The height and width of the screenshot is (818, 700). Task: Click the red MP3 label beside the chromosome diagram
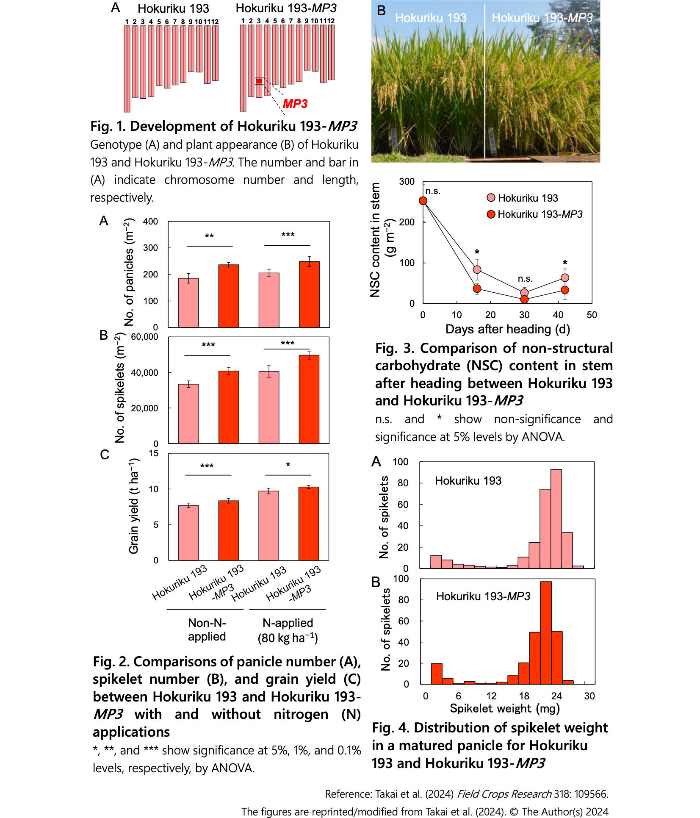(x=295, y=104)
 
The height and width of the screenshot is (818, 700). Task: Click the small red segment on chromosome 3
(x=259, y=81)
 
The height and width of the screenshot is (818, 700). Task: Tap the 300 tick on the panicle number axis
(x=150, y=248)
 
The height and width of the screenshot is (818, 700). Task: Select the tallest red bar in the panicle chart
(x=309, y=294)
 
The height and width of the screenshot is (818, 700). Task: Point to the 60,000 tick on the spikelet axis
(x=144, y=337)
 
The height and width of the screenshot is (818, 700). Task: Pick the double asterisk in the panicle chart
(x=209, y=236)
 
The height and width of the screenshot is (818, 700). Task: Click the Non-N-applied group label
(x=207, y=629)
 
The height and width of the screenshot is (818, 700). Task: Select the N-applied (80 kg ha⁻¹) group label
(x=288, y=630)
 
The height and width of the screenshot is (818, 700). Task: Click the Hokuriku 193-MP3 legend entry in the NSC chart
(x=535, y=214)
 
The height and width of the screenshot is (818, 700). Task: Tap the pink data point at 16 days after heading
(x=477, y=270)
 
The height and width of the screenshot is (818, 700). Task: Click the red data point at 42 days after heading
(x=565, y=290)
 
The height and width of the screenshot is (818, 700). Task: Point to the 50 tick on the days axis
(x=592, y=315)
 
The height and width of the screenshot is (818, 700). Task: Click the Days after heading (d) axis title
(x=508, y=329)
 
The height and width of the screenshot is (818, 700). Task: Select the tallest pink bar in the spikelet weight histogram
(x=556, y=519)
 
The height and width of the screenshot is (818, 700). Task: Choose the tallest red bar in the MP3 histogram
(x=546, y=633)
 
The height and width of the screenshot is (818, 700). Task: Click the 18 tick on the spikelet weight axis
(x=524, y=696)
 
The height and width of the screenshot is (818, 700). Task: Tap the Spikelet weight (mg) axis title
(x=505, y=709)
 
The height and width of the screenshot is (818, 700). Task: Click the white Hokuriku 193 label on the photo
(x=431, y=18)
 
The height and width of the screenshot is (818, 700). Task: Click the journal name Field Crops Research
(x=504, y=794)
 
